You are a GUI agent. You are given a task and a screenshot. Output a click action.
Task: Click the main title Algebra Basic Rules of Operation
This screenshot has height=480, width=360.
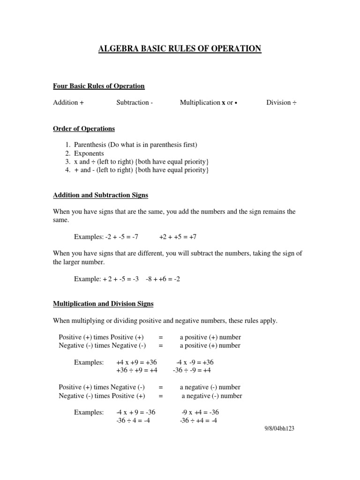pos(180,49)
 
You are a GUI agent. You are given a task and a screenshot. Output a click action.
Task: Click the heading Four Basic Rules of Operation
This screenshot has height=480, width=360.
pos(99,86)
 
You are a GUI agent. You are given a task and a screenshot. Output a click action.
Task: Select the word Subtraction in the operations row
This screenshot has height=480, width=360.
pos(133,103)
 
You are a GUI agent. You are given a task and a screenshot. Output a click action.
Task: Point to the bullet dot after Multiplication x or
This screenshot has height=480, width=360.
pos(236,103)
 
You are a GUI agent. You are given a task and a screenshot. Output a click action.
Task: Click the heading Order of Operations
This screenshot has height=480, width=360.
pos(84,128)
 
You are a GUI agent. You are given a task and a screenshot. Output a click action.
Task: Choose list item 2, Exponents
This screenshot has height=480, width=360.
pos(89,153)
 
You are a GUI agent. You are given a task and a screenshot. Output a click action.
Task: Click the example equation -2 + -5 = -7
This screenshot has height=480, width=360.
pos(121,237)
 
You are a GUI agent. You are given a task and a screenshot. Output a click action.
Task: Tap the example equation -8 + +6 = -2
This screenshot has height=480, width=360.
pos(163,279)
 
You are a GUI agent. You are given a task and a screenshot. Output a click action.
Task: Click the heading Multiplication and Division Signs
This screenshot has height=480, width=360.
pos(103,304)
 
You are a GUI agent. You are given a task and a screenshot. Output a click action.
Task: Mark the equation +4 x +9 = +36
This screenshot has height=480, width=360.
pos(136,362)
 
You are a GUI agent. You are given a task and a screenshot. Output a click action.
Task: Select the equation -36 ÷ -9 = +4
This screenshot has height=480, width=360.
pos(192,370)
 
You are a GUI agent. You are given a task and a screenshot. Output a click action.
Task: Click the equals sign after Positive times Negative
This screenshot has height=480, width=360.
pos(161,388)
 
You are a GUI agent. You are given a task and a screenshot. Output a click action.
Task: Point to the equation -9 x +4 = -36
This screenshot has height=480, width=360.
pos(200,412)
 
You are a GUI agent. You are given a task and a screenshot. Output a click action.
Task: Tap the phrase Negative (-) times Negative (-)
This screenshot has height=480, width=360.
pos(103,346)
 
